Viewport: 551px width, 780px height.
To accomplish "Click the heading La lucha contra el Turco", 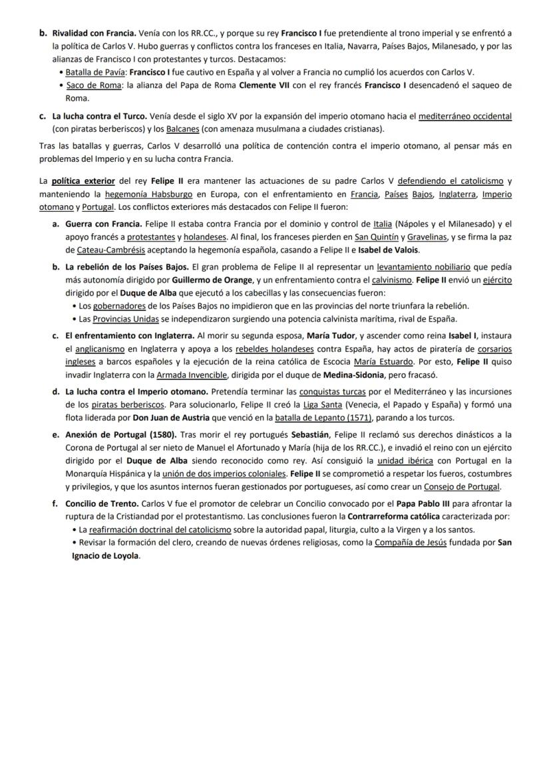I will coord(100,117).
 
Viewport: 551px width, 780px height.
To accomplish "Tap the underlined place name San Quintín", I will coord(373,236).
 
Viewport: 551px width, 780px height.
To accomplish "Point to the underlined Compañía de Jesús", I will coord(419,542).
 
